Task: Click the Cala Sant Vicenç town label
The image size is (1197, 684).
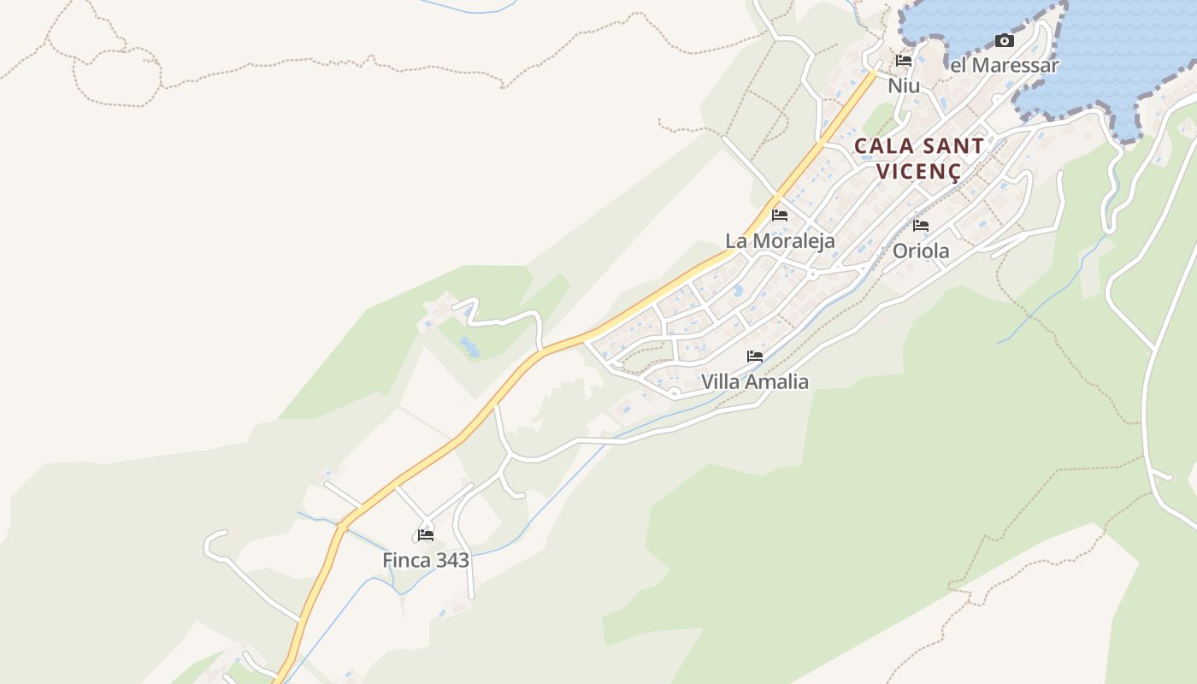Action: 918,158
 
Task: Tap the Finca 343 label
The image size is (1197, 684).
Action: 426,560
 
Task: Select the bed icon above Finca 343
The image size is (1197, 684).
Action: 426,536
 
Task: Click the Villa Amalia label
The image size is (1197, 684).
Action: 755,381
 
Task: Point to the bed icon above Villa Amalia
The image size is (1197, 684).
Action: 755,357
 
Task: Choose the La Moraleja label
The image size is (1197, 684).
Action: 780,241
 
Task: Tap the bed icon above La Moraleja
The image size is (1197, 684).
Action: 780,215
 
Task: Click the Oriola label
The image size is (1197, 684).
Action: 921,251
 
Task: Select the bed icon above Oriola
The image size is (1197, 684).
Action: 921,226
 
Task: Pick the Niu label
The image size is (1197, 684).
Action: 904,85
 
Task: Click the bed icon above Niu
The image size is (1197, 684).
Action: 904,61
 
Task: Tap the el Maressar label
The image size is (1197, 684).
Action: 1005,65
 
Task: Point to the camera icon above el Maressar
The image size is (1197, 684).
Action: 1005,40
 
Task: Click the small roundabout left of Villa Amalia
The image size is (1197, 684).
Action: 675,392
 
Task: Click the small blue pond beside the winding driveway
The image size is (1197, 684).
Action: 469,346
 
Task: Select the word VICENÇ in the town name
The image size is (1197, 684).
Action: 918,171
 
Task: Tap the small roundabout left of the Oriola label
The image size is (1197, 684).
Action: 811,275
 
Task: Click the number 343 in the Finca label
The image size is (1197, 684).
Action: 452,560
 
